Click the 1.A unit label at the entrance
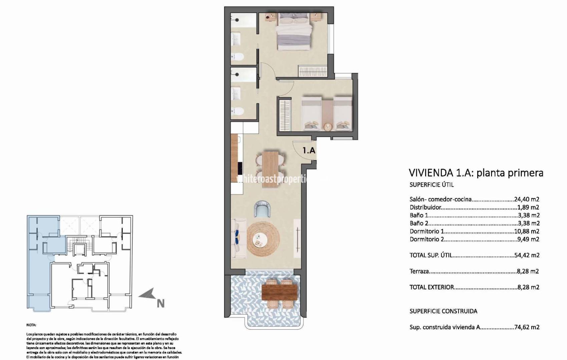point(309,150)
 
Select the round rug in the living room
point(263,239)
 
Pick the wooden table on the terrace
point(279,292)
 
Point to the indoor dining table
point(269,169)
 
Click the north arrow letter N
point(161,304)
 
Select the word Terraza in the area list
point(419,271)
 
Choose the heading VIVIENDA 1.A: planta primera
point(476,173)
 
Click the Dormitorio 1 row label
point(427,231)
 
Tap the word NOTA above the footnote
point(31,325)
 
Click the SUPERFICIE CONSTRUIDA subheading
point(443,311)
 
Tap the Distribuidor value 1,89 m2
point(528,207)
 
